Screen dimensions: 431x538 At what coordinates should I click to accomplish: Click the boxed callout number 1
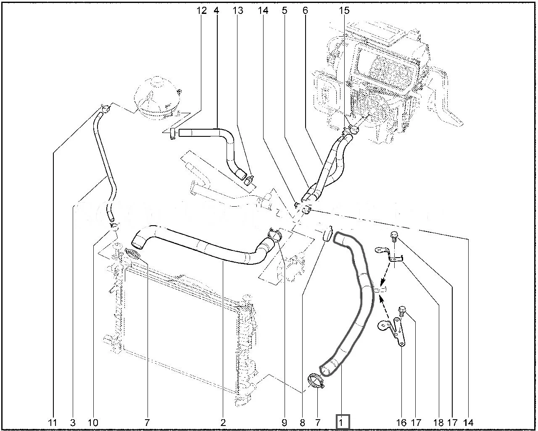tap(343, 421)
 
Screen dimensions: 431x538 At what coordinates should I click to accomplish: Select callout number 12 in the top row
tap(202, 11)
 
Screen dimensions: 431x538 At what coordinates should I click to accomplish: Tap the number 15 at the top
tap(344, 11)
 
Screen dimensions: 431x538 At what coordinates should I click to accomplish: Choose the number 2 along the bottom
tap(223, 422)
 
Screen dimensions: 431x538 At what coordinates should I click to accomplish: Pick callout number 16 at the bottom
tap(401, 422)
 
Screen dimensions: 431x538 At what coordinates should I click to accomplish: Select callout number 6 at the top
tap(305, 11)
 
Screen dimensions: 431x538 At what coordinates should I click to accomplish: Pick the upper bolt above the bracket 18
tap(394, 236)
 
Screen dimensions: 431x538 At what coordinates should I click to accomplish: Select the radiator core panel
tap(181, 328)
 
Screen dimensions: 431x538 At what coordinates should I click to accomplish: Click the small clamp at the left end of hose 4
tap(173, 133)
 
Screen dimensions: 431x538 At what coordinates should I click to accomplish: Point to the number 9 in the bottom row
tap(284, 422)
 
